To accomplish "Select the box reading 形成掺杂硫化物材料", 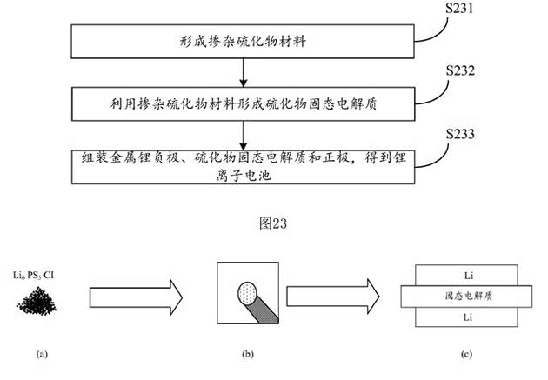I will click(244, 41).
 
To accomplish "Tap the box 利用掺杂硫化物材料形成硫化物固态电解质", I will click(244, 103).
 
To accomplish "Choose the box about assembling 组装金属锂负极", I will click(244, 164).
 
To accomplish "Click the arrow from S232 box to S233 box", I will click(244, 134).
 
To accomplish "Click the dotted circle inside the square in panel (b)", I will click(248, 290).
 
